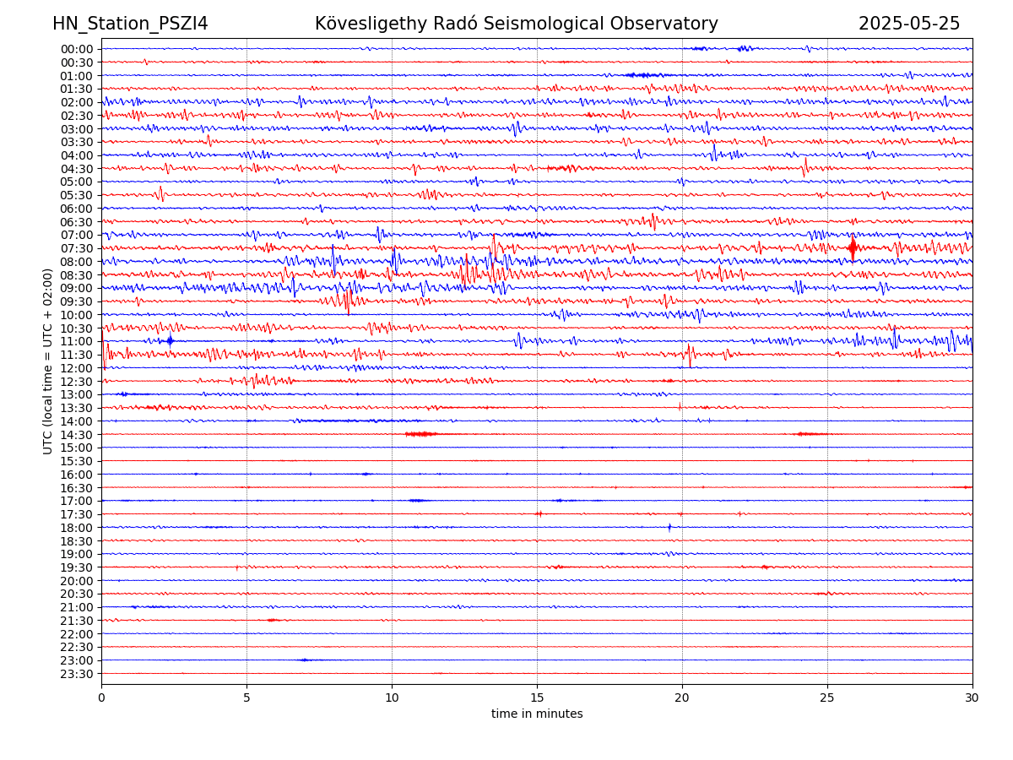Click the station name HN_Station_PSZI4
(x=130, y=24)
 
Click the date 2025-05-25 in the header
(x=909, y=24)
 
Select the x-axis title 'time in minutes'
(x=537, y=714)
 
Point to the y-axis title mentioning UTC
(x=48, y=361)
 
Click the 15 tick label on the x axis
(x=537, y=698)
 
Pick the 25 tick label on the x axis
(x=827, y=698)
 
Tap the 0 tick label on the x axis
(x=101, y=698)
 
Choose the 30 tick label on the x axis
(x=972, y=698)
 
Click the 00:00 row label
(x=77, y=49)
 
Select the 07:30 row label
(x=77, y=248)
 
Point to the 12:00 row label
(x=77, y=368)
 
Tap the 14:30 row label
(x=77, y=434)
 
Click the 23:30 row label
(x=77, y=674)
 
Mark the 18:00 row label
(x=77, y=528)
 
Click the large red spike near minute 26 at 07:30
(x=853, y=248)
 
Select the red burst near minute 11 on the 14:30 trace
(x=420, y=434)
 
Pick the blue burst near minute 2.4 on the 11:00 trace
(x=171, y=341)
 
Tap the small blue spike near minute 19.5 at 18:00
(x=669, y=527)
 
